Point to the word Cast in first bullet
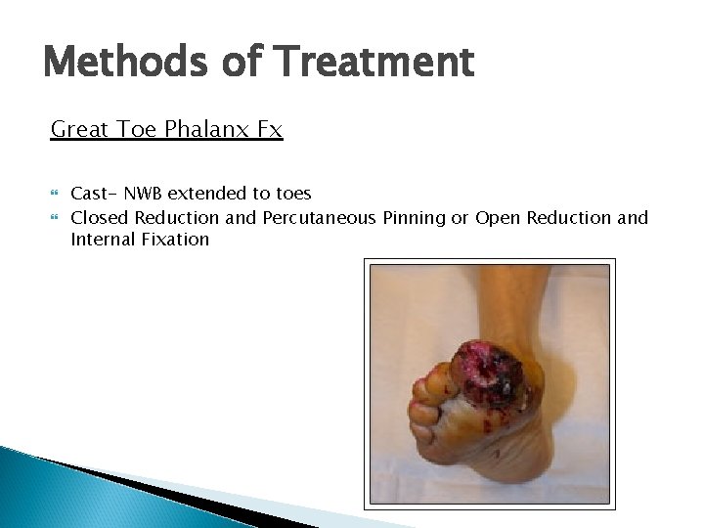pyautogui.click(x=91, y=194)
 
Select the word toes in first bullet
pyautogui.click(x=290, y=194)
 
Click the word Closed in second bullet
pyautogui.click(x=100, y=217)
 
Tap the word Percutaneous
pyautogui.click(x=319, y=217)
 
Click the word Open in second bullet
pyautogui.click(x=498, y=217)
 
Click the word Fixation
pyautogui.click(x=177, y=239)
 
